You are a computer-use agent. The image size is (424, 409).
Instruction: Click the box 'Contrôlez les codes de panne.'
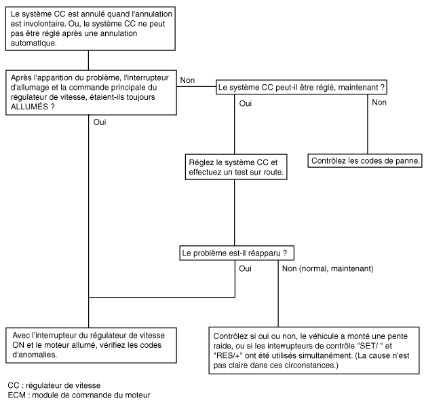[365, 161]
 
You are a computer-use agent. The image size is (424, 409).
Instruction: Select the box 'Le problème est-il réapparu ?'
[237, 253]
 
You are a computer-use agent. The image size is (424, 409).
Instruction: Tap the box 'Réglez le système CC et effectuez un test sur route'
[236, 167]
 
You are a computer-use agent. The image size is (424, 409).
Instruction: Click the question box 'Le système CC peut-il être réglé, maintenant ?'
[301, 87]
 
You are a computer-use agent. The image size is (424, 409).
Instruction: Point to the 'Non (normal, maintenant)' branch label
[328, 268]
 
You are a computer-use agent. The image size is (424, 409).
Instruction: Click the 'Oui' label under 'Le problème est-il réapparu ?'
[246, 268]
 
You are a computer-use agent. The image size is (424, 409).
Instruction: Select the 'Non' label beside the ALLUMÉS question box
[187, 80]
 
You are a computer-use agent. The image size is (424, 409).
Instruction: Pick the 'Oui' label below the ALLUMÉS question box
[100, 122]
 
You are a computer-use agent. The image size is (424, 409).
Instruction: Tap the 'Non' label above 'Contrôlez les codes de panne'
[379, 103]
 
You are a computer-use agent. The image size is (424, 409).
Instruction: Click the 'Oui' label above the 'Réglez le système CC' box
[246, 103]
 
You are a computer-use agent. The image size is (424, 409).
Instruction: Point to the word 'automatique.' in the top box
[34, 43]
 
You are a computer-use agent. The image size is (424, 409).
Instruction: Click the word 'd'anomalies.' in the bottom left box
[35, 355]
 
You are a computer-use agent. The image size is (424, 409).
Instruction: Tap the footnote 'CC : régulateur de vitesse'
[54, 385]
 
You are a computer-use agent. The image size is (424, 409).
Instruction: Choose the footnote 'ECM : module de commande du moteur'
[79, 395]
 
